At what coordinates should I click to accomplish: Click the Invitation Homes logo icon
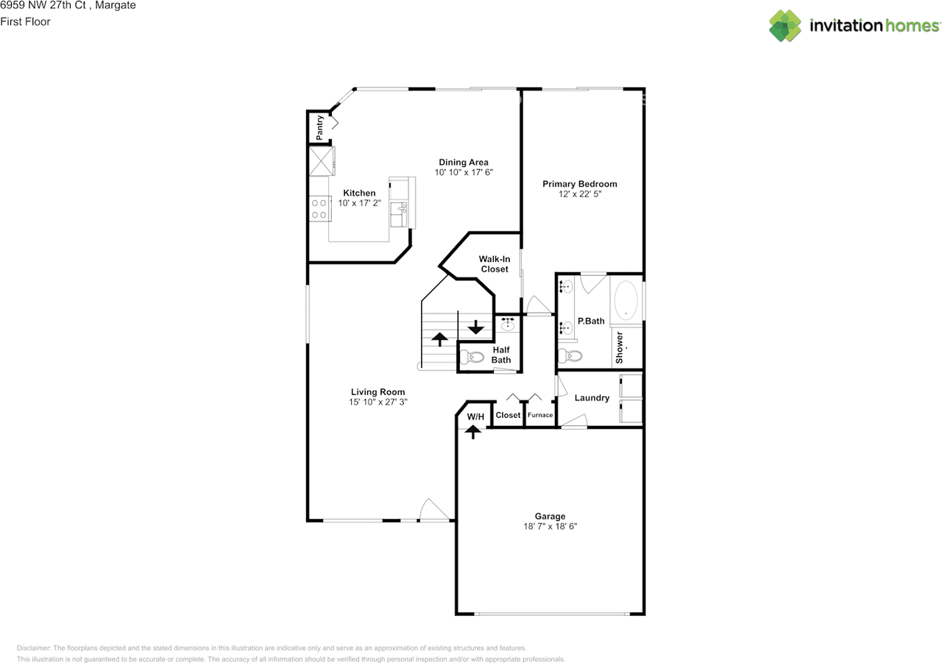coord(786,26)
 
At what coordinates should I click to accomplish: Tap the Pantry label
coord(320,128)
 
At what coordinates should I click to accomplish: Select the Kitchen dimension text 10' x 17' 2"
coord(359,203)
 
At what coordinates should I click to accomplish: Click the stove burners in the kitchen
coord(319,208)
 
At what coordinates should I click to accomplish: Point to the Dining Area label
coord(463,163)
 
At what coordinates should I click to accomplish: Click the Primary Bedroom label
coord(580,184)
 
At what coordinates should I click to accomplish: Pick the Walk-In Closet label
coord(495,264)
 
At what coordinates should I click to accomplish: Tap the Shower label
coord(620,347)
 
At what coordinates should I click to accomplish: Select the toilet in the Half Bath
coord(471,358)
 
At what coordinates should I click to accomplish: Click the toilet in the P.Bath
coord(570,356)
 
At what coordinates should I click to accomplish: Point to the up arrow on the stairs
coord(439,338)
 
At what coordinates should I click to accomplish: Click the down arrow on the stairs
coord(475,326)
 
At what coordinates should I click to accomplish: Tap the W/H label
coord(476,417)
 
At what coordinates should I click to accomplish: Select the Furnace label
coord(540,415)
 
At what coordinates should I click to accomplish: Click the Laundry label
coord(592,398)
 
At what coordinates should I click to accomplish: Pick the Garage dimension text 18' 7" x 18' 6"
coord(550,527)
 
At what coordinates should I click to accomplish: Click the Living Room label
coord(378,392)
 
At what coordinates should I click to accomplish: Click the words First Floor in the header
coord(25,21)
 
